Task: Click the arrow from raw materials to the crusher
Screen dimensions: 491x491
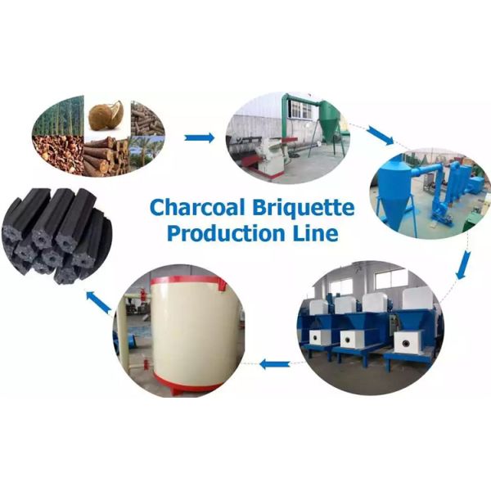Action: click(199, 137)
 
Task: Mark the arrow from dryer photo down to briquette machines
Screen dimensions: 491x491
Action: click(463, 264)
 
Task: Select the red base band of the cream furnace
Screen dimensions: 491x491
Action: click(196, 381)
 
